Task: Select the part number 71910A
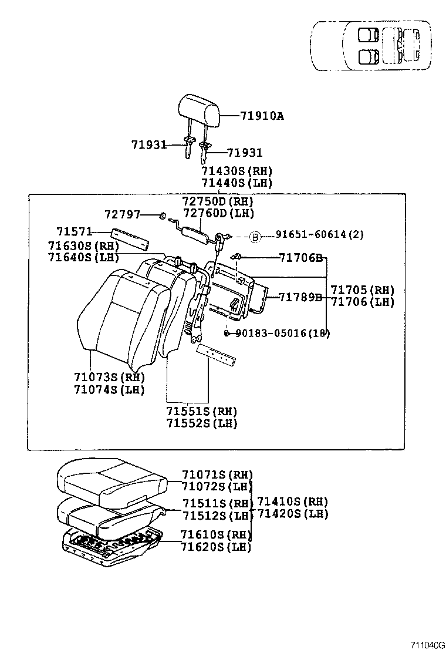[x=262, y=116]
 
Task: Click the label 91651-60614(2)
[x=320, y=235]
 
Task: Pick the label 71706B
[x=300, y=257]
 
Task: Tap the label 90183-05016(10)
[x=282, y=333]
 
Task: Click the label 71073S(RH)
[x=109, y=377]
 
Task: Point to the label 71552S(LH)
[x=201, y=423]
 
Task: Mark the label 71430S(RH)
[x=236, y=171]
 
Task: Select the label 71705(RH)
[x=362, y=290]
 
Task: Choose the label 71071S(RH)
[x=217, y=474]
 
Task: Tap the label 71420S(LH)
[x=292, y=514]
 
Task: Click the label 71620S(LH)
[x=215, y=547]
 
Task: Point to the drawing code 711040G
[x=428, y=645]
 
